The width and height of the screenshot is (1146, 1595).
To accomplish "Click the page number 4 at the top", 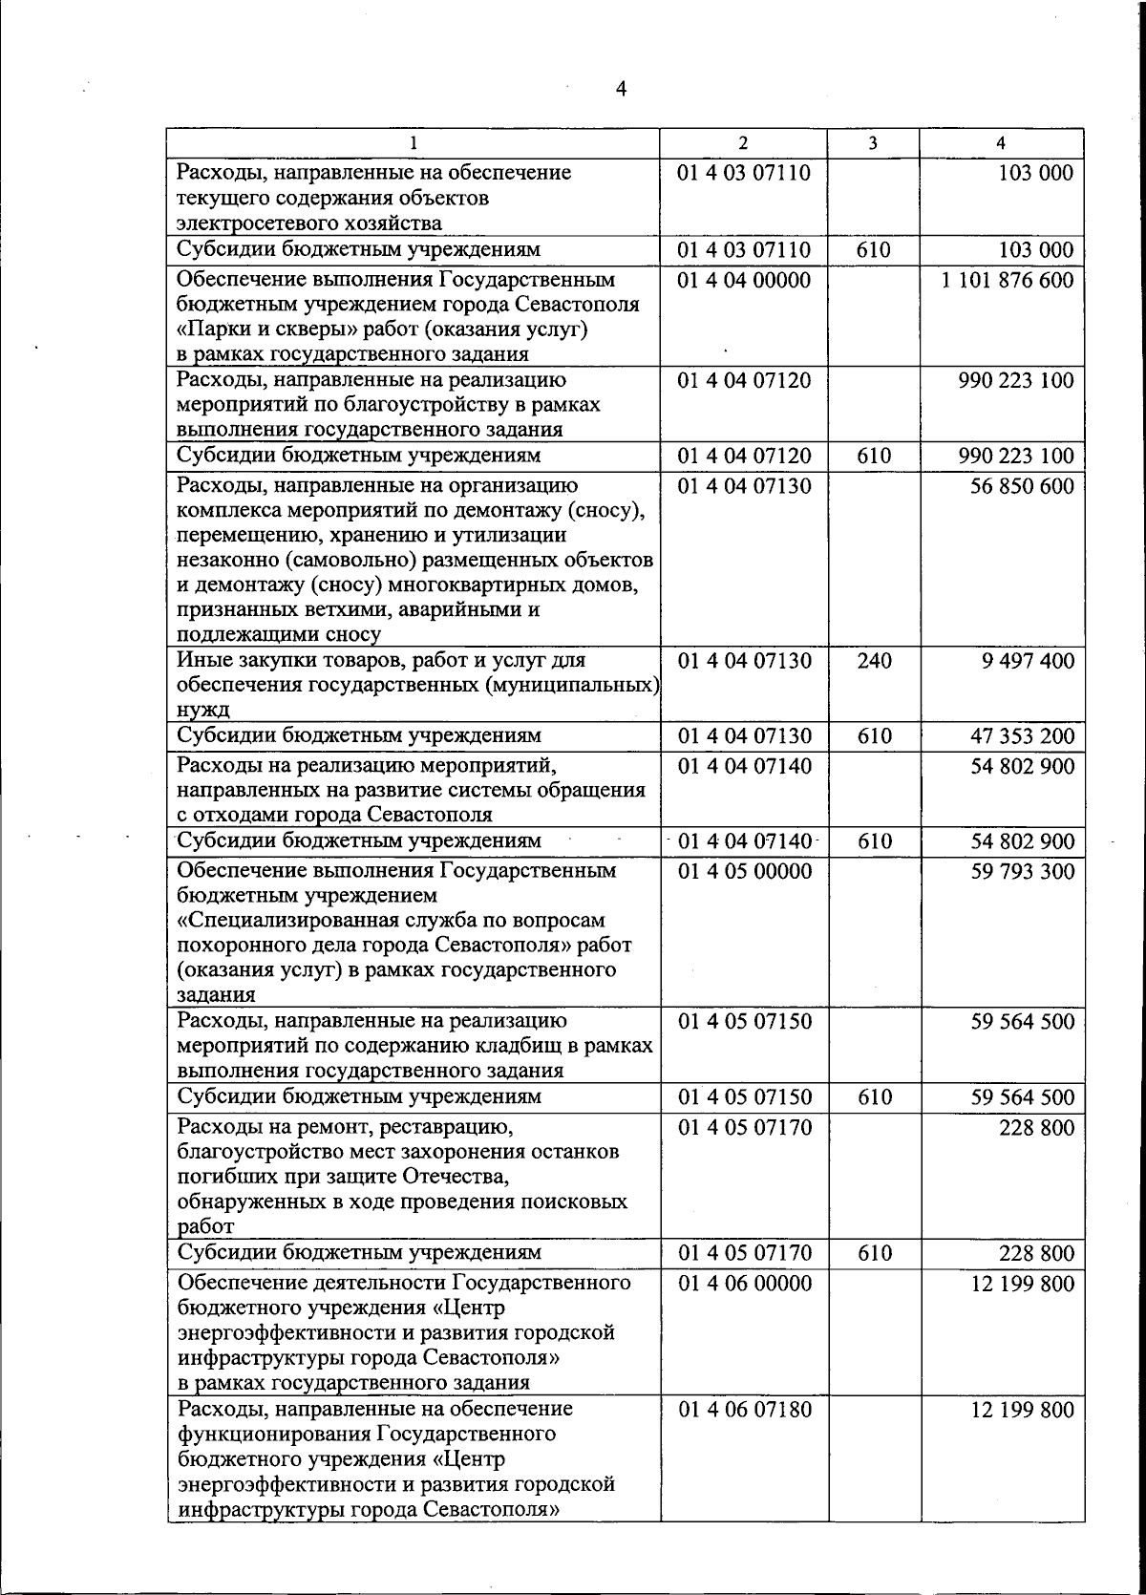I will (x=621, y=89).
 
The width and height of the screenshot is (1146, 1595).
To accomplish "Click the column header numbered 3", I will (x=873, y=143).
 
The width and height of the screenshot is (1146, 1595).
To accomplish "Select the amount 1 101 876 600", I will (x=1007, y=281).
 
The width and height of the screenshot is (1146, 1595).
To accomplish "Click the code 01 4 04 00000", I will (x=744, y=281).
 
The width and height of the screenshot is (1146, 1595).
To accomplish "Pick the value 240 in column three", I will (x=874, y=661).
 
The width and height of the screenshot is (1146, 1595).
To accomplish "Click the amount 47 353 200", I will (x=1022, y=736).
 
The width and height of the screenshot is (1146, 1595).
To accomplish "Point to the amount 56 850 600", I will (x=1022, y=486).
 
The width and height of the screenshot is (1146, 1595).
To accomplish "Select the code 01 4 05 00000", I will (x=744, y=872).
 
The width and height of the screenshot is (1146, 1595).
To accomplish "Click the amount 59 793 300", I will (x=1022, y=872).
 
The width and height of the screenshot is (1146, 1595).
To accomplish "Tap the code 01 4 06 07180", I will (x=744, y=1410).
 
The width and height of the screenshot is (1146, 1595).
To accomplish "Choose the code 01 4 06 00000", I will (x=744, y=1284).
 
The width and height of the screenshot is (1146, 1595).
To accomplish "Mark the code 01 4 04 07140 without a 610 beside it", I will (x=744, y=767).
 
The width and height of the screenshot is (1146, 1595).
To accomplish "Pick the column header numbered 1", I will (x=413, y=143).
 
